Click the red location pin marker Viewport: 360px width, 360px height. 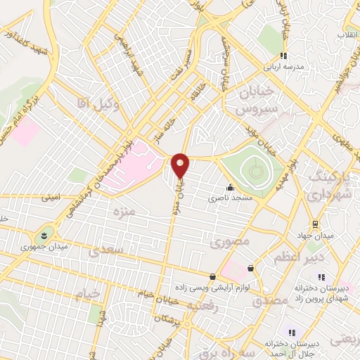pos(181,165)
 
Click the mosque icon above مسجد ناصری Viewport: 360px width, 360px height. pos(230,188)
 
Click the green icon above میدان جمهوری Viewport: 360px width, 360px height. pos(44,233)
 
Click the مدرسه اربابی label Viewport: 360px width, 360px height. pos(284,69)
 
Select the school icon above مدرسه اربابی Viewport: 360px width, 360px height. pos(283,56)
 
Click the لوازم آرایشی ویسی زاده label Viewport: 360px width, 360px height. pos(212,288)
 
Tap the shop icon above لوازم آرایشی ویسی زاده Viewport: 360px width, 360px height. pos(213,276)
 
